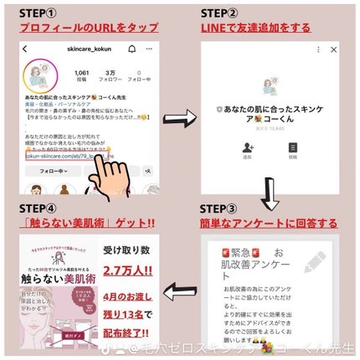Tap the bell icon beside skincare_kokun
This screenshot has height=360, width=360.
click(x=131, y=49)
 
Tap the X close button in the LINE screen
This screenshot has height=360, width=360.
click(x=334, y=49)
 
